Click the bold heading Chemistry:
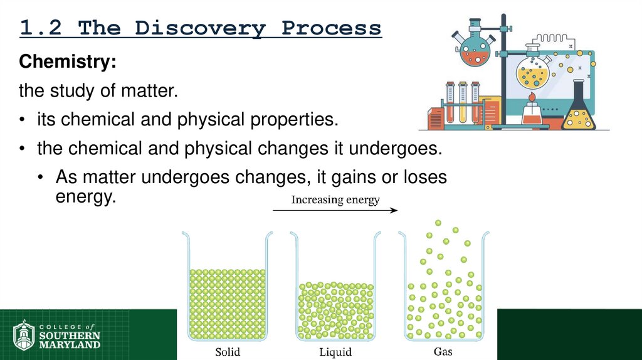tap(67, 63)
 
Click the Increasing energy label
tap(335, 201)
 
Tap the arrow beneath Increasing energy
tap(335, 211)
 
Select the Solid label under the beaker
tap(228, 351)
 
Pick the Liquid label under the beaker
tap(335, 352)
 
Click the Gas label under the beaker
tap(443, 351)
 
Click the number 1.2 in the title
tap(43, 28)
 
